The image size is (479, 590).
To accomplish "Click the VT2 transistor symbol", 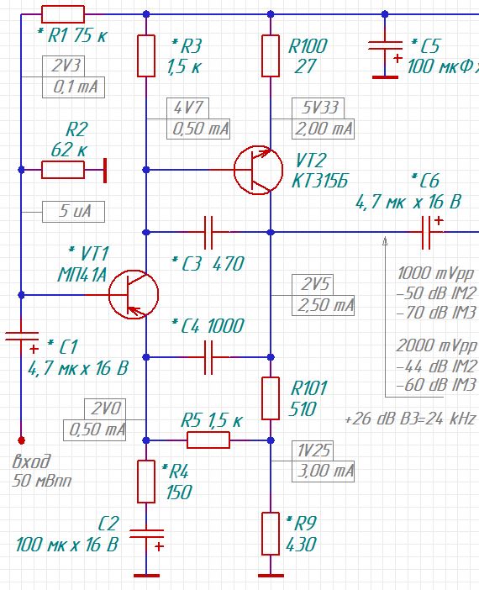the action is pyautogui.click(x=258, y=170).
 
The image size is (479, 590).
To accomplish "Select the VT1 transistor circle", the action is pyautogui.click(x=134, y=295).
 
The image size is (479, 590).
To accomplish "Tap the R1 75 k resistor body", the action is pyautogui.click(x=63, y=14).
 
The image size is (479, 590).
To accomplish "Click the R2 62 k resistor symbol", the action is pyautogui.click(x=63, y=170).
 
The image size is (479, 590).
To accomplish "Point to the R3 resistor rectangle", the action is pyautogui.click(x=146, y=56).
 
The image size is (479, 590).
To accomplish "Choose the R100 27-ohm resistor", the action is pyautogui.click(x=270, y=56).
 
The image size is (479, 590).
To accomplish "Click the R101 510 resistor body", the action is pyautogui.click(x=270, y=398).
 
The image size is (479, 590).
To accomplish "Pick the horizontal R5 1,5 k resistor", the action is pyautogui.click(x=208, y=440).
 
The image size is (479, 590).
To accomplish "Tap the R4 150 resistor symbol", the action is pyautogui.click(x=146, y=482).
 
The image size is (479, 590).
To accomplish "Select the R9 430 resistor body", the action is pyautogui.click(x=270, y=533).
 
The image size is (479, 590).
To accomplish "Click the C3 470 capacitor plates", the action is pyautogui.click(x=208, y=232).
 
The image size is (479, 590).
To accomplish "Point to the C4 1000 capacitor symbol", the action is pyautogui.click(x=208, y=357).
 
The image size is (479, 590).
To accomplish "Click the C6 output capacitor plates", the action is pyautogui.click(x=426, y=232).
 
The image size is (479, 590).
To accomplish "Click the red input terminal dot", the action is pyautogui.click(x=22, y=440).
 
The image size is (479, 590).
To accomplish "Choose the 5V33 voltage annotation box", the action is pyautogui.click(x=318, y=108).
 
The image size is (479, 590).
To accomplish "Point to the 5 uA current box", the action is pyautogui.click(x=73, y=212).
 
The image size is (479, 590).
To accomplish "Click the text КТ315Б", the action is pyautogui.click(x=320, y=181).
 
